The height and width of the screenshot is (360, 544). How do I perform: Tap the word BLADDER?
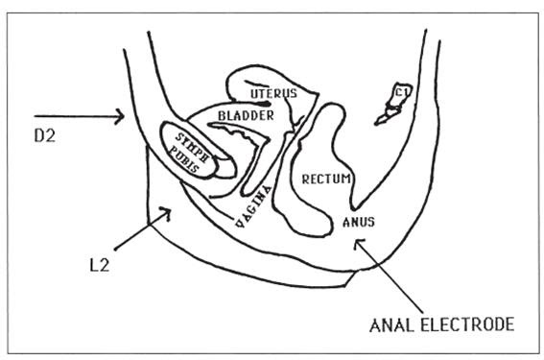246,115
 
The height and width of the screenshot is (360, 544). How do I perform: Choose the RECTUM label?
327,179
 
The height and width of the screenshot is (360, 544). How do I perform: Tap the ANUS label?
357,222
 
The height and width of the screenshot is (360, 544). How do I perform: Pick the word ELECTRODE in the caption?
467,324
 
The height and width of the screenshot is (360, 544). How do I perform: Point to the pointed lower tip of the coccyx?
377,126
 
